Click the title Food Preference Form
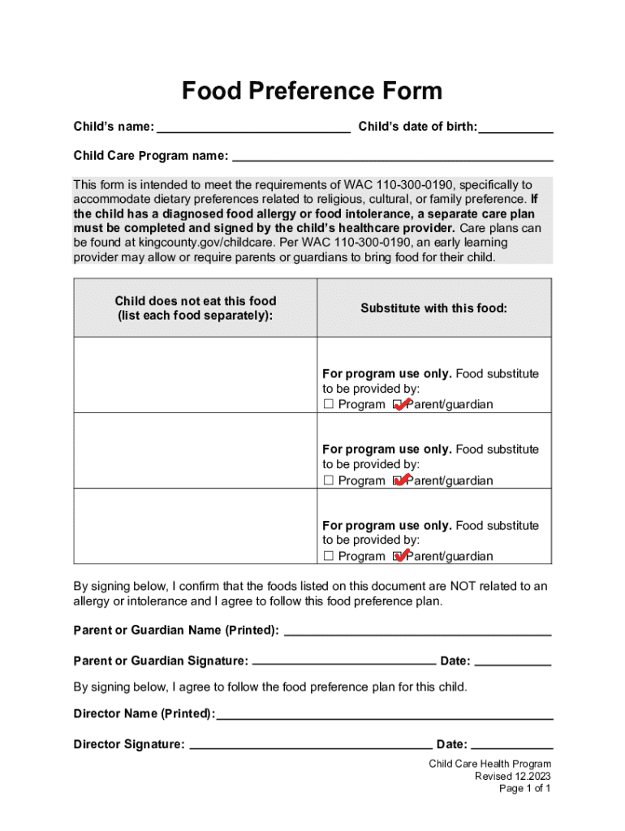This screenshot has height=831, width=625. click(312, 91)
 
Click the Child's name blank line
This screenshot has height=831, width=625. click(253, 127)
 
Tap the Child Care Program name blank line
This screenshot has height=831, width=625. click(392, 156)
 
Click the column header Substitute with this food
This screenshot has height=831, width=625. click(433, 308)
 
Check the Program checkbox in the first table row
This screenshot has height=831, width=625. click(329, 405)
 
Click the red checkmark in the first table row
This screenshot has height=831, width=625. click(400, 403)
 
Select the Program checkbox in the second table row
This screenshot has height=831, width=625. click(329, 480)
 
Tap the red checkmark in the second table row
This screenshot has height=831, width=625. click(400, 479)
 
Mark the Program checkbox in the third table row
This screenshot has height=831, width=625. click(329, 556)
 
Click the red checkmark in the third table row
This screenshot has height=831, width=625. click(400, 554)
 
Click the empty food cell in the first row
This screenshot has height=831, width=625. click(195, 374)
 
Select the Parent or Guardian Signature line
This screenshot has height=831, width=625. click(344, 661)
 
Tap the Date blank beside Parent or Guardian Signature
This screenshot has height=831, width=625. click(512, 661)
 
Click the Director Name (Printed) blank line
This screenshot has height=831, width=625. click(385, 715)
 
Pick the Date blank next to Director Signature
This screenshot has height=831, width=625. click(511, 745)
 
